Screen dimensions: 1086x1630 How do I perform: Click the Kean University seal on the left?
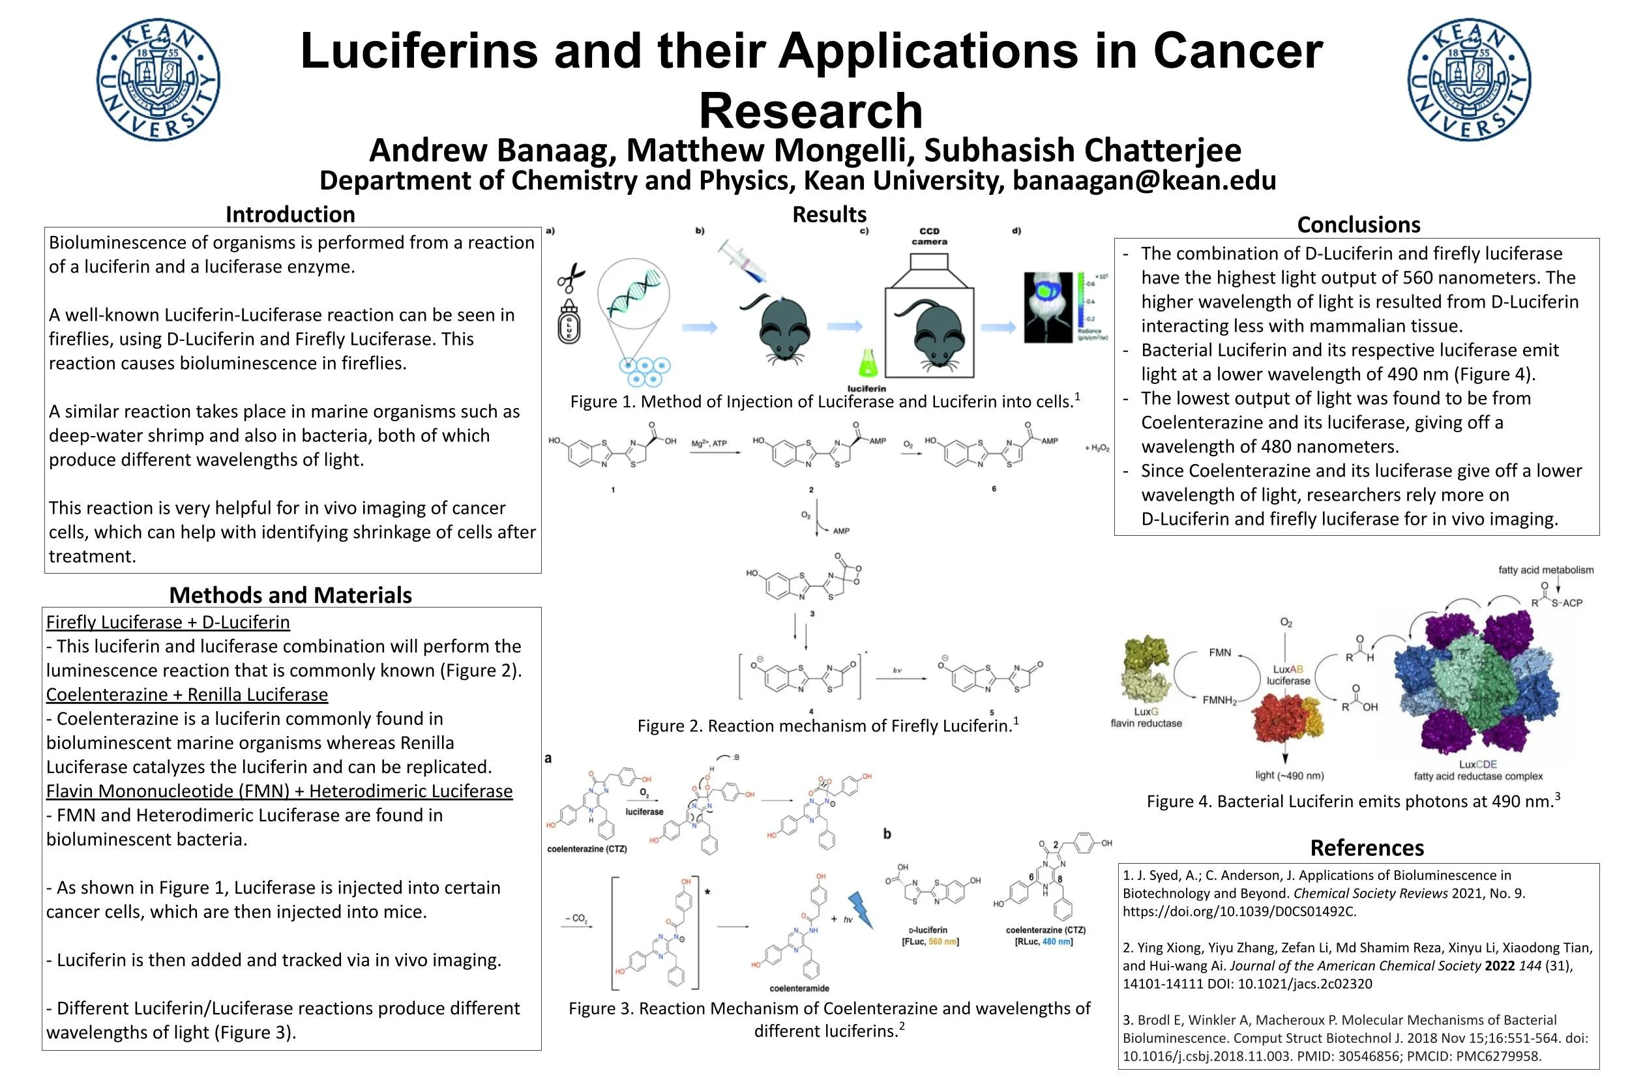pyautogui.click(x=158, y=80)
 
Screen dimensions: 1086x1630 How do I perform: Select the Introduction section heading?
pyautogui.click(x=289, y=214)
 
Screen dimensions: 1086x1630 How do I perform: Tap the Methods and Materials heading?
pyautogui.click(x=290, y=594)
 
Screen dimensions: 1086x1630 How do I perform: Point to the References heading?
pyautogui.click(x=1367, y=847)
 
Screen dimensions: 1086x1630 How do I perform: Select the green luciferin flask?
pyautogui.click(x=867, y=363)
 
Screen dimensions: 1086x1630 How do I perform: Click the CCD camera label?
pyautogui.click(x=929, y=236)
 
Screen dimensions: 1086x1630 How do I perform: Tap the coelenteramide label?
pyautogui.click(x=799, y=988)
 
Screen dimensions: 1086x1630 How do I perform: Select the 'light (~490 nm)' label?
pyautogui.click(x=1289, y=775)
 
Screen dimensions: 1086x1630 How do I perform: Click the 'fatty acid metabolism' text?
pyautogui.click(x=1545, y=570)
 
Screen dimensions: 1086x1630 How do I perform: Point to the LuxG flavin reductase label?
pyautogui.click(x=1146, y=717)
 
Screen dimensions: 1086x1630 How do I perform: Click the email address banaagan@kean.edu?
pyautogui.click(x=1144, y=180)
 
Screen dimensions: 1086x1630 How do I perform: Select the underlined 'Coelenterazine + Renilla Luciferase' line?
pyautogui.click(x=187, y=694)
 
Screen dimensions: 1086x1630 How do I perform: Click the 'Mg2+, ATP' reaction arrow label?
pyautogui.click(x=709, y=443)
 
